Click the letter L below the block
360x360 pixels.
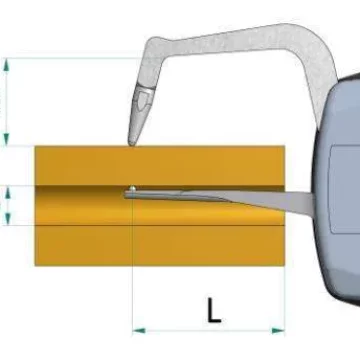pyautogui.click(x=214, y=311)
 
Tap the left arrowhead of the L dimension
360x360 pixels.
pyautogui.click(x=139, y=331)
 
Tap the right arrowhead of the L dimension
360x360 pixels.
pyautogui.click(x=278, y=331)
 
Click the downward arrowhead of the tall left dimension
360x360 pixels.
pyautogui.click(x=6, y=139)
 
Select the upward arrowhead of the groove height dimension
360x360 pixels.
pyautogui.click(x=8, y=192)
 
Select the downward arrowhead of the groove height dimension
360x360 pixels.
pyautogui.click(x=8, y=218)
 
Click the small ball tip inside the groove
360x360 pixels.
pyautogui.click(x=133, y=189)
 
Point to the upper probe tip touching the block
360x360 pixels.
pyautogui.click(x=132, y=144)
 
